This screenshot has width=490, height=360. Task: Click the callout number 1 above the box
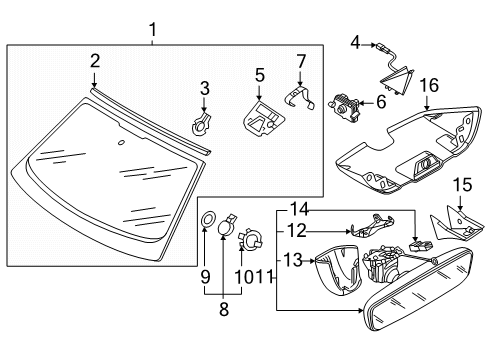click(x=153, y=30)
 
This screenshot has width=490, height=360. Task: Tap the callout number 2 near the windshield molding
click(x=95, y=61)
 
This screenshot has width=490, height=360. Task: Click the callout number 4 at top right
click(x=356, y=43)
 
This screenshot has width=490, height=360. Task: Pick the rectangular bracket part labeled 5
click(x=264, y=119)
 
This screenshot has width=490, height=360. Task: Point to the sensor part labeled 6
click(x=344, y=107)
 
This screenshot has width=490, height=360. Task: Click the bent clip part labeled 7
click(x=300, y=97)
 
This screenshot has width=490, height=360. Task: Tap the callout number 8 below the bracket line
click(x=224, y=309)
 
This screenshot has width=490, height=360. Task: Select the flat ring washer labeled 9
click(x=208, y=220)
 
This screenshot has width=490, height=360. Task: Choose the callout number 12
click(x=297, y=230)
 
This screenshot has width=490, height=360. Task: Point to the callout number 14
click(x=300, y=209)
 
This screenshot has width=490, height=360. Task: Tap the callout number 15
click(x=463, y=185)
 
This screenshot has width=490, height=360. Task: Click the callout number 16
click(x=429, y=85)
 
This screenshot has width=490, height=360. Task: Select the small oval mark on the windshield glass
click(x=121, y=143)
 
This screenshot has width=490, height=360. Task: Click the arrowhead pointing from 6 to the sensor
click(x=362, y=103)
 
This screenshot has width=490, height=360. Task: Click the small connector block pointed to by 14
click(x=420, y=246)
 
